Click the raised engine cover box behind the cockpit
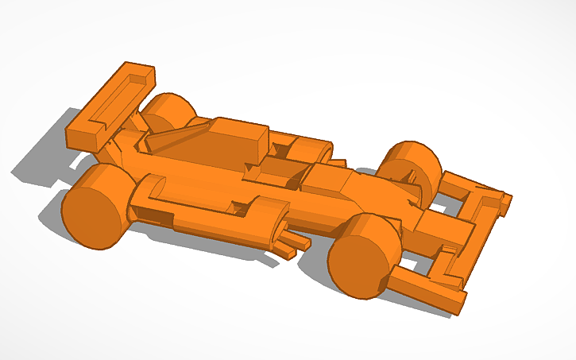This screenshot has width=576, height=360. click(238, 141)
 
